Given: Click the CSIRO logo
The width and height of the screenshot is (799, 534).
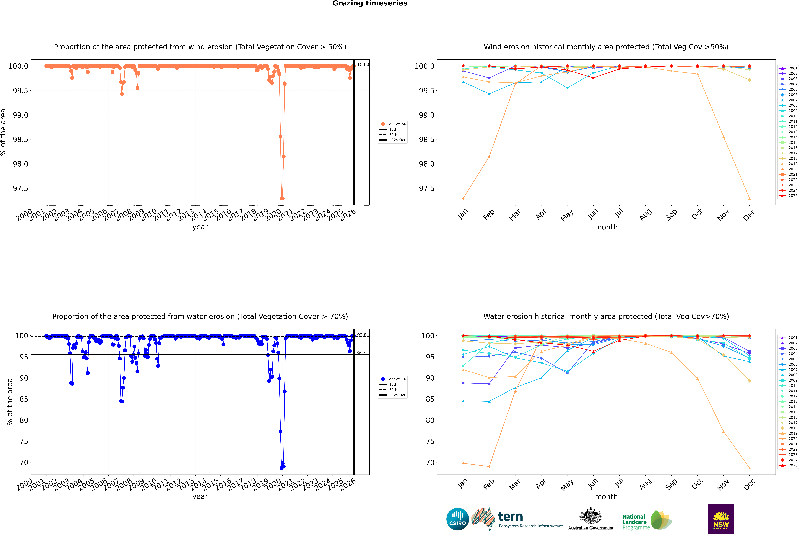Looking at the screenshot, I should click(457, 519).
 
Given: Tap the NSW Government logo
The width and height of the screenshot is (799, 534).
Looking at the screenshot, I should click(721, 519).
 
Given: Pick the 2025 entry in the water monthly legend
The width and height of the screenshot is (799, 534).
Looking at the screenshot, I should click(792, 465).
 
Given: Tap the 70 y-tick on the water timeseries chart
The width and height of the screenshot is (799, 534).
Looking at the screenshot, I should click(24, 462).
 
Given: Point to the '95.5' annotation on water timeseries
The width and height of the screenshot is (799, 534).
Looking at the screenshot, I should click(361, 353).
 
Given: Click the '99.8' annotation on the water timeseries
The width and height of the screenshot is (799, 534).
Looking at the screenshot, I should click(361, 335).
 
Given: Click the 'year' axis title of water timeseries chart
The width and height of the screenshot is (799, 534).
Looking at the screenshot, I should click(200, 497).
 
